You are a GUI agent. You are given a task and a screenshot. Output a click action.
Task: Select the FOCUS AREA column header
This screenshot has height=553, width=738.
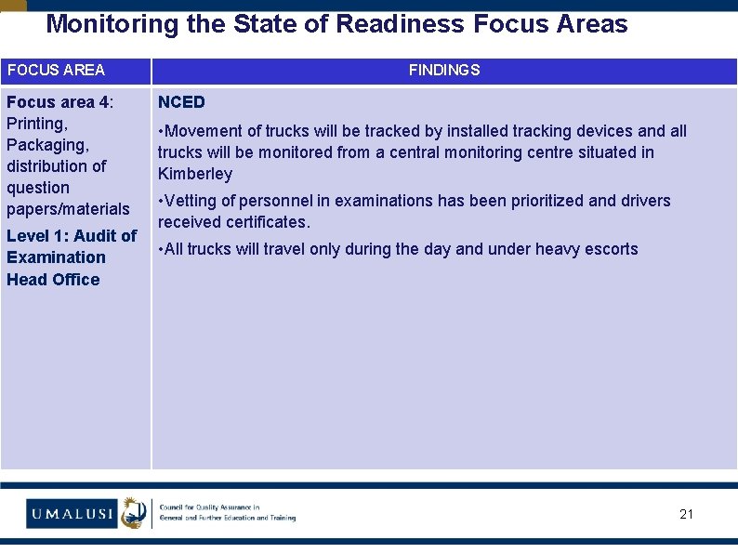click(x=56, y=70)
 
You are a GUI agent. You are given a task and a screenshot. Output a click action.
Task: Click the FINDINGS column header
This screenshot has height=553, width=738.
click(x=444, y=70)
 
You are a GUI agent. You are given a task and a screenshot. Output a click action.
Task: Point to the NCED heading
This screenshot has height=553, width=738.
click(x=181, y=102)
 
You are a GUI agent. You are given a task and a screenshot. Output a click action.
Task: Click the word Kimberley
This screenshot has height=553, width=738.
click(x=195, y=174)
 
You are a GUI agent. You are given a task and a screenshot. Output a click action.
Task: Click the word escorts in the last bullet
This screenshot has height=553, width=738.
click(x=611, y=249)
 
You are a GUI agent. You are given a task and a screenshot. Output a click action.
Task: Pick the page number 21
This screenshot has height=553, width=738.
click(x=686, y=514)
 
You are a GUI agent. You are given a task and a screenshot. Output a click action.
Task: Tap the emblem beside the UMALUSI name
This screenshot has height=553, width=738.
click(x=135, y=512)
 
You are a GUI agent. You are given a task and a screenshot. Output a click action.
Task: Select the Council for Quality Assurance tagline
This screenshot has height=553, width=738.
click(x=227, y=512)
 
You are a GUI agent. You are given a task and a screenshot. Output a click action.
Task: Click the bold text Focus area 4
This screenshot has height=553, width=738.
click(x=58, y=102)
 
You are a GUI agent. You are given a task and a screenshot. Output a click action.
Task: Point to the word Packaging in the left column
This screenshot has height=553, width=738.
click(x=47, y=145)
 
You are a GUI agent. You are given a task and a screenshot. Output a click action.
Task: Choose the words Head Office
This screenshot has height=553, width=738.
click(x=53, y=280)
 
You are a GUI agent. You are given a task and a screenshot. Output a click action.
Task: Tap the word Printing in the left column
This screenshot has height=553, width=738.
click(x=37, y=124)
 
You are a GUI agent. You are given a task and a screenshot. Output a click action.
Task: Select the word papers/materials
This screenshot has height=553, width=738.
click(x=68, y=209)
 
